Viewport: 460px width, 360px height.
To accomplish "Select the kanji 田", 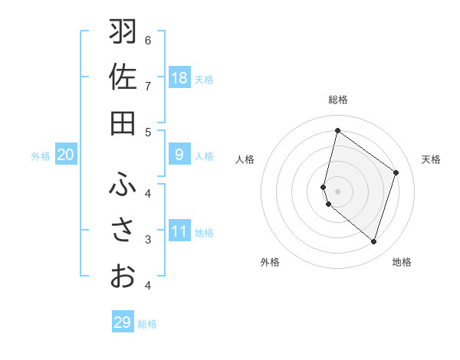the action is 123,123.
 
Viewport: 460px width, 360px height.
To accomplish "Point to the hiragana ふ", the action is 123,185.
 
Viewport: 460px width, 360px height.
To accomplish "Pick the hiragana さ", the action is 123,230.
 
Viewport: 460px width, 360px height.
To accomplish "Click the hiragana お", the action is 123,275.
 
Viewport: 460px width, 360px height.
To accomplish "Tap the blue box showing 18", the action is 179,77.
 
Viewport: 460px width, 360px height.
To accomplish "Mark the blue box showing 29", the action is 123,322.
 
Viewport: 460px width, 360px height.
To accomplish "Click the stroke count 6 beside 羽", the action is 148,40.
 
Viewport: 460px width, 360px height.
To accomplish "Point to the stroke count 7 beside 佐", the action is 148,85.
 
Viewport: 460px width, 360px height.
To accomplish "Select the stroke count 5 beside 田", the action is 148,131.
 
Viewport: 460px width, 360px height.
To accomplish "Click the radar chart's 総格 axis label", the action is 338,100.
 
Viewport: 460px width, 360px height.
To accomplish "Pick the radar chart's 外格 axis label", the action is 270,262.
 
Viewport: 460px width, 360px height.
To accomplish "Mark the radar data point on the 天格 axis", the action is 396,172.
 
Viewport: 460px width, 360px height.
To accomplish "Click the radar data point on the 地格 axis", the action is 373,242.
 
